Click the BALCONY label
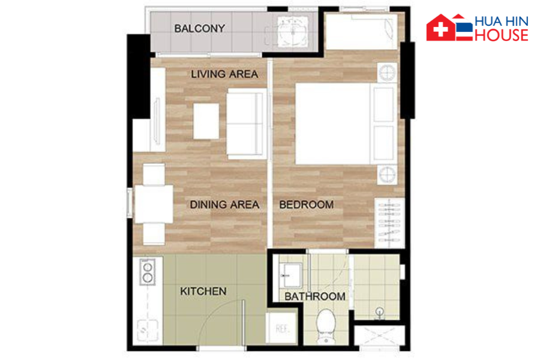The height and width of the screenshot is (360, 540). (x=199, y=28)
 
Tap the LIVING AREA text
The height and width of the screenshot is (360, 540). (x=224, y=74)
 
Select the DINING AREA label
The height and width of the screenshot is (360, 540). (x=224, y=205)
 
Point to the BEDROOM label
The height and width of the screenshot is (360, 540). (x=306, y=205)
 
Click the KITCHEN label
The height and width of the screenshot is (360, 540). (x=203, y=292)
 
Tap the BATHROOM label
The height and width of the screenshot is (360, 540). (x=315, y=296)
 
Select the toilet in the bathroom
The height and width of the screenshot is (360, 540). (x=325, y=326)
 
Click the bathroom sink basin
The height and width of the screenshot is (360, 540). (x=290, y=275)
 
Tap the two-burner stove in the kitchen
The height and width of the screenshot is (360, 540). (x=148, y=272)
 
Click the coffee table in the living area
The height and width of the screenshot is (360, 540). (x=206, y=121)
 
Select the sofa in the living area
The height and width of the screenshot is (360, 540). (x=246, y=124)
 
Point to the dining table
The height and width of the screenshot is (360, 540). (x=154, y=204)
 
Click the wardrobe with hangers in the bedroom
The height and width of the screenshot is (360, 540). (x=389, y=223)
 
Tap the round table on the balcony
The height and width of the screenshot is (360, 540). (x=293, y=32)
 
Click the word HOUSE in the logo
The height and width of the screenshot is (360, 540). (x=501, y=35)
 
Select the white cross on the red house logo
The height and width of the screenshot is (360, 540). (x=440, y=29)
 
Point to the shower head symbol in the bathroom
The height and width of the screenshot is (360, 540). (x=380, y=312)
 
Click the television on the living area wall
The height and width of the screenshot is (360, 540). (x=157, y=121)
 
